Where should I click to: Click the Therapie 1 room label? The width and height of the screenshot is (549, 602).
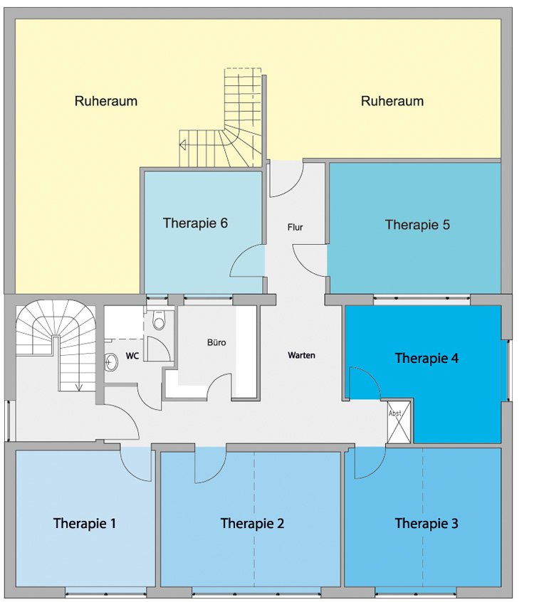[85, 523]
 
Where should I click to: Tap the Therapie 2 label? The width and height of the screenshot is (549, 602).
[252, 523]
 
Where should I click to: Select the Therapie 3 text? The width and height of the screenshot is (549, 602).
[427, 523]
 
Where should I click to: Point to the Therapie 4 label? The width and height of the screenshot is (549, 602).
[427, 358]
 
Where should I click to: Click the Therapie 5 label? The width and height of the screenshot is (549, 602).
[417, 225]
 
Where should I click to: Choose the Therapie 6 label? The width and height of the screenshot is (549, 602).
[195, 223]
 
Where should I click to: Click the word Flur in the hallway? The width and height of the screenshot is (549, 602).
[295, 227]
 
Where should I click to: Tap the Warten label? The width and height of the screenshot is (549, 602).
[302, 356]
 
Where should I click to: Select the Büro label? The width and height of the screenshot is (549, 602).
[216, 342]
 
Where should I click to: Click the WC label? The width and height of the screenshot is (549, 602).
[132, 356]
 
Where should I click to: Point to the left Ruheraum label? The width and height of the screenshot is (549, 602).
[106, 101]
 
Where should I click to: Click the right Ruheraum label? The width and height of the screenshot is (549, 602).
[392, 101]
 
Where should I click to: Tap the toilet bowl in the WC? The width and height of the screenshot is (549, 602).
[158, 320]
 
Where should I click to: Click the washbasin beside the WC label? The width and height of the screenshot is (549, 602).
[111, 362]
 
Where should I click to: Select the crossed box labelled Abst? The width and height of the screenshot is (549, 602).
[399, 422]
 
